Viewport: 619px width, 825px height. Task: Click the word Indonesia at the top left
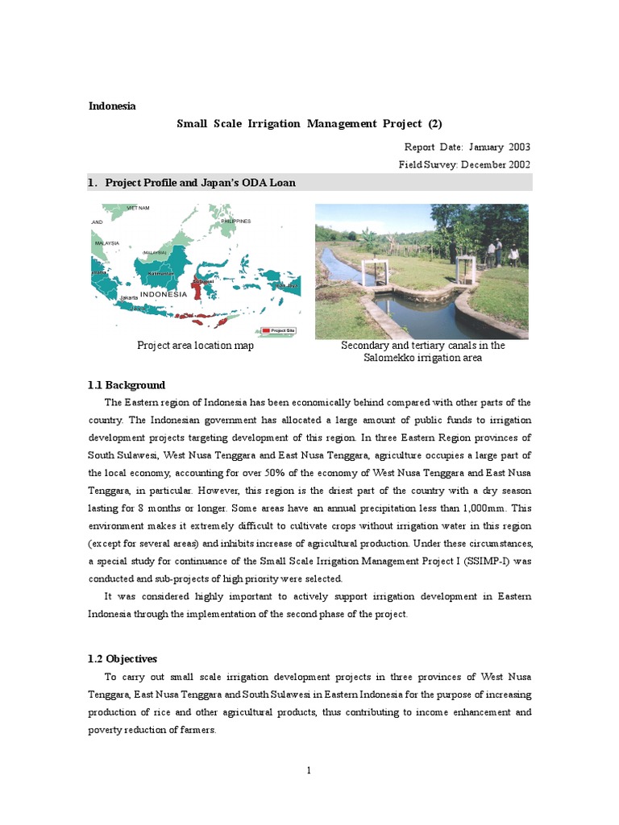112,106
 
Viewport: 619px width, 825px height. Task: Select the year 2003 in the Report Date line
519,147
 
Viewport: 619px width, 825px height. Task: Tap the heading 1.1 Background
127,385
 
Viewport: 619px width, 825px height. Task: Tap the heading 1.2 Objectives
123,658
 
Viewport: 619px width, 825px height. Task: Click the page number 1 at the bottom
309,771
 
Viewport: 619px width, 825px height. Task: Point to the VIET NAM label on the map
138,208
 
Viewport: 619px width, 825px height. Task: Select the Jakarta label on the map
129,297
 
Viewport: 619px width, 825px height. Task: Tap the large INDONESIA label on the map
164,294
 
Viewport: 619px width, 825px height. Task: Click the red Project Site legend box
265,330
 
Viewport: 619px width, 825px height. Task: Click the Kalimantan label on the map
161,274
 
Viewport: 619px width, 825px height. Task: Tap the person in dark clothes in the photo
498,252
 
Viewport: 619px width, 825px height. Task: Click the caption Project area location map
195,346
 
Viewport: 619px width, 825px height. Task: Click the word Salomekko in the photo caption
398,358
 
